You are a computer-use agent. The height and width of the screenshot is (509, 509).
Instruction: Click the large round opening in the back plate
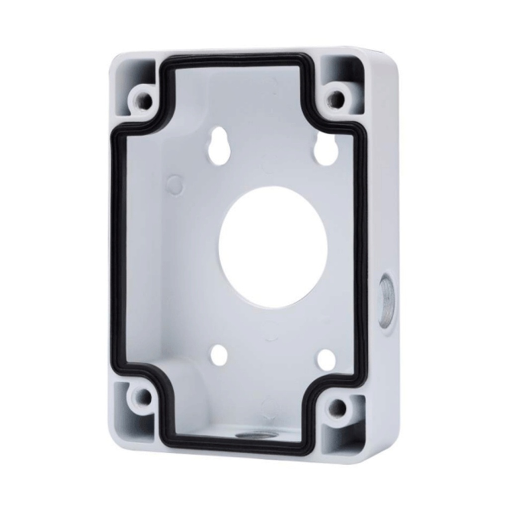(273, 247)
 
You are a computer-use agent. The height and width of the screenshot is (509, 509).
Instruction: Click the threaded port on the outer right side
(386, 297)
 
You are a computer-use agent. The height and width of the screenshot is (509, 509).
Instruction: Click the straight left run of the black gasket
(117, 249)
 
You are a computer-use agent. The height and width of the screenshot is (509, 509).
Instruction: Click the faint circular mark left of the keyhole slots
(173, 185)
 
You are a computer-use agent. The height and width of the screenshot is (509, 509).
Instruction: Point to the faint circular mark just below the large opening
(271, 331)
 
